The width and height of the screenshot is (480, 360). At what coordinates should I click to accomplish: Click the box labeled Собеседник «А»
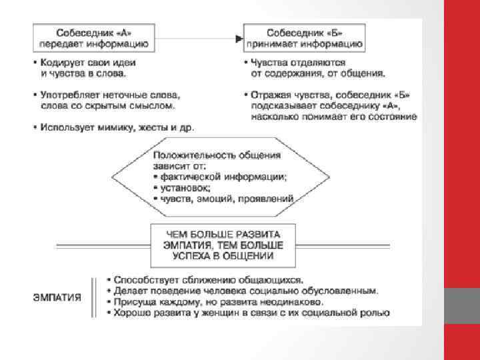click(93, 39)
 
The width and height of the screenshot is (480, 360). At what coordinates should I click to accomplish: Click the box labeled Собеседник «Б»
click(305, 39)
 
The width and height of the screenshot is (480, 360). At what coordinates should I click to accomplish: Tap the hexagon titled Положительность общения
click(220, 176)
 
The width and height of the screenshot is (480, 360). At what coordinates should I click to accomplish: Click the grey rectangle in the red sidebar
click(462, 306)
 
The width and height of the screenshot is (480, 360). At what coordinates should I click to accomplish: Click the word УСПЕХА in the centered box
click(193, 255)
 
